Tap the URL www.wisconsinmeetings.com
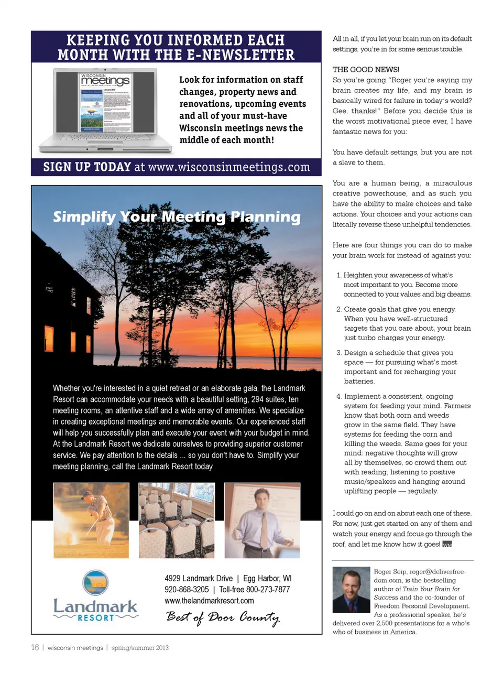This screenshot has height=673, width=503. pos(229,167)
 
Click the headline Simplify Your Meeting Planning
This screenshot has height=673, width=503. pos(177,217)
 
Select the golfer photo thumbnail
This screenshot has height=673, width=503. pos(91,520)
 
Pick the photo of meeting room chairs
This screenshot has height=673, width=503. pos(177,520)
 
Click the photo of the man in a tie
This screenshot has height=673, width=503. pos(262,520)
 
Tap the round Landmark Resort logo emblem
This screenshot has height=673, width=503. pos(95,582)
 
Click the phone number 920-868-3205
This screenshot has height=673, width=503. pos(187,590)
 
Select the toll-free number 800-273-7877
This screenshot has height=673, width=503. pos(268,590)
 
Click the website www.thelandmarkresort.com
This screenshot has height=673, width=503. pos(209,601)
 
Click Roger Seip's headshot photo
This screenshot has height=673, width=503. pos(351,590)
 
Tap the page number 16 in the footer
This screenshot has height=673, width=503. pos(35,648)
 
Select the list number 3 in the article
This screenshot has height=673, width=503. pos(339,353)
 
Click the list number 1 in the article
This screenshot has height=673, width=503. pos(339,275)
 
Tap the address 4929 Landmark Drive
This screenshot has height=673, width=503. pos(199,579)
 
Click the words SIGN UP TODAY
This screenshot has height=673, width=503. pos(87,167)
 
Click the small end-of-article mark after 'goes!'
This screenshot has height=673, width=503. pos(447,544)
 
